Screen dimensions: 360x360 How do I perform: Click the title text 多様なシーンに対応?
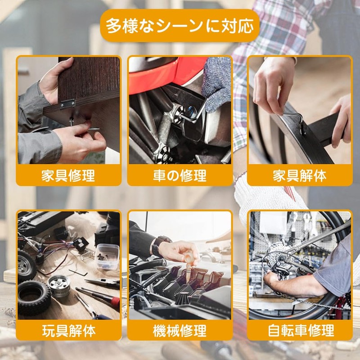click(x=180, y=26)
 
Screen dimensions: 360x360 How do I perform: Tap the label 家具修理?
click(x=68, y=175)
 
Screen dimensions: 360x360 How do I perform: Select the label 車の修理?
click(x=180, y=175)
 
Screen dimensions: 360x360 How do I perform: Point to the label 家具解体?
click(x=300, y=175)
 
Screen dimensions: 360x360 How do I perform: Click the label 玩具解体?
click(x=69, y=331)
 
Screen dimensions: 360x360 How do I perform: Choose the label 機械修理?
click(x=180, y=331)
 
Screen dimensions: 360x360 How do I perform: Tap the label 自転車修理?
click(x=301, y=331)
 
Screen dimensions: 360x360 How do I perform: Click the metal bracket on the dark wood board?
click(x=67, y=103)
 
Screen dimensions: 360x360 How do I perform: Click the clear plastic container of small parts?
click(x=108, y=256)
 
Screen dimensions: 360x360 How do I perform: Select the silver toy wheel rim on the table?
click(x=59, y=286)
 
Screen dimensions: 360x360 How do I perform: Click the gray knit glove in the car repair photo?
click(x=216, y=84)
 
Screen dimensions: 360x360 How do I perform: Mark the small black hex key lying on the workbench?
click(x=78, y=273)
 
